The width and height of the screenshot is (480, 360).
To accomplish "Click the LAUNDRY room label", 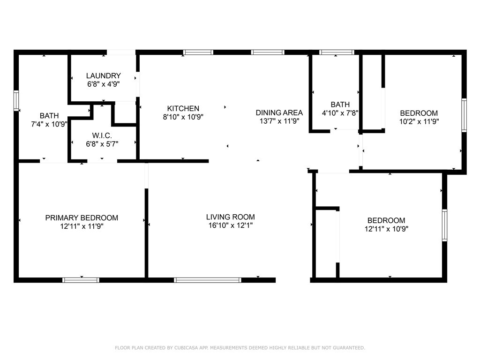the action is [103, 75].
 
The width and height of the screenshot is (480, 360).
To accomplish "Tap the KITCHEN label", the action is [183, 108].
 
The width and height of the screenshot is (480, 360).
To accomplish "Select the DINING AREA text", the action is [279, 112].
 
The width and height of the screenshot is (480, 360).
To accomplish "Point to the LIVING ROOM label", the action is [230, 217].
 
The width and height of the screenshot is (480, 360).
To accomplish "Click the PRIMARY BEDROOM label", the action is [82, 218].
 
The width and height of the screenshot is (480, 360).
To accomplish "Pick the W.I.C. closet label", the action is [102, 135].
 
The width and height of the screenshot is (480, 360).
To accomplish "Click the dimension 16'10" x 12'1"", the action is [230, 225].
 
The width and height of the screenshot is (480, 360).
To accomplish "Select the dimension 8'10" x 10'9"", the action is [183, 117].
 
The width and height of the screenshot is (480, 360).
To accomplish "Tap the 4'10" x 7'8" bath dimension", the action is [340, 113].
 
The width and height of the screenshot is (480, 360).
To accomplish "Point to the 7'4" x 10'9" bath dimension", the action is [49, 124].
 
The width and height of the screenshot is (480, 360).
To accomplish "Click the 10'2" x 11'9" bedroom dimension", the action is [419, 121].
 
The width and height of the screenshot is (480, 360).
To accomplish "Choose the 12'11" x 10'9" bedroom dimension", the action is [386, 229].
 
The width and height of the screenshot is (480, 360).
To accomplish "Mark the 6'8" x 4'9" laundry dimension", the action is [103, 84].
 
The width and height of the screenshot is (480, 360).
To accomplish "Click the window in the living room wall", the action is [208, 280].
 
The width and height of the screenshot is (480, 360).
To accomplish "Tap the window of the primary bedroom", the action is [81, 280].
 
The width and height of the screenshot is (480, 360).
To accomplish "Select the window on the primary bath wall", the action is [16, 101].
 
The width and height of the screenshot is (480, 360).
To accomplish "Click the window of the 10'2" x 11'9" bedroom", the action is [464, 115].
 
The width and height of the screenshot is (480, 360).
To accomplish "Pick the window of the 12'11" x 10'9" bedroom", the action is [444, 225].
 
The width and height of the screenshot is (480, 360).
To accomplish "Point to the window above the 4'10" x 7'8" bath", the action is [337, 52].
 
